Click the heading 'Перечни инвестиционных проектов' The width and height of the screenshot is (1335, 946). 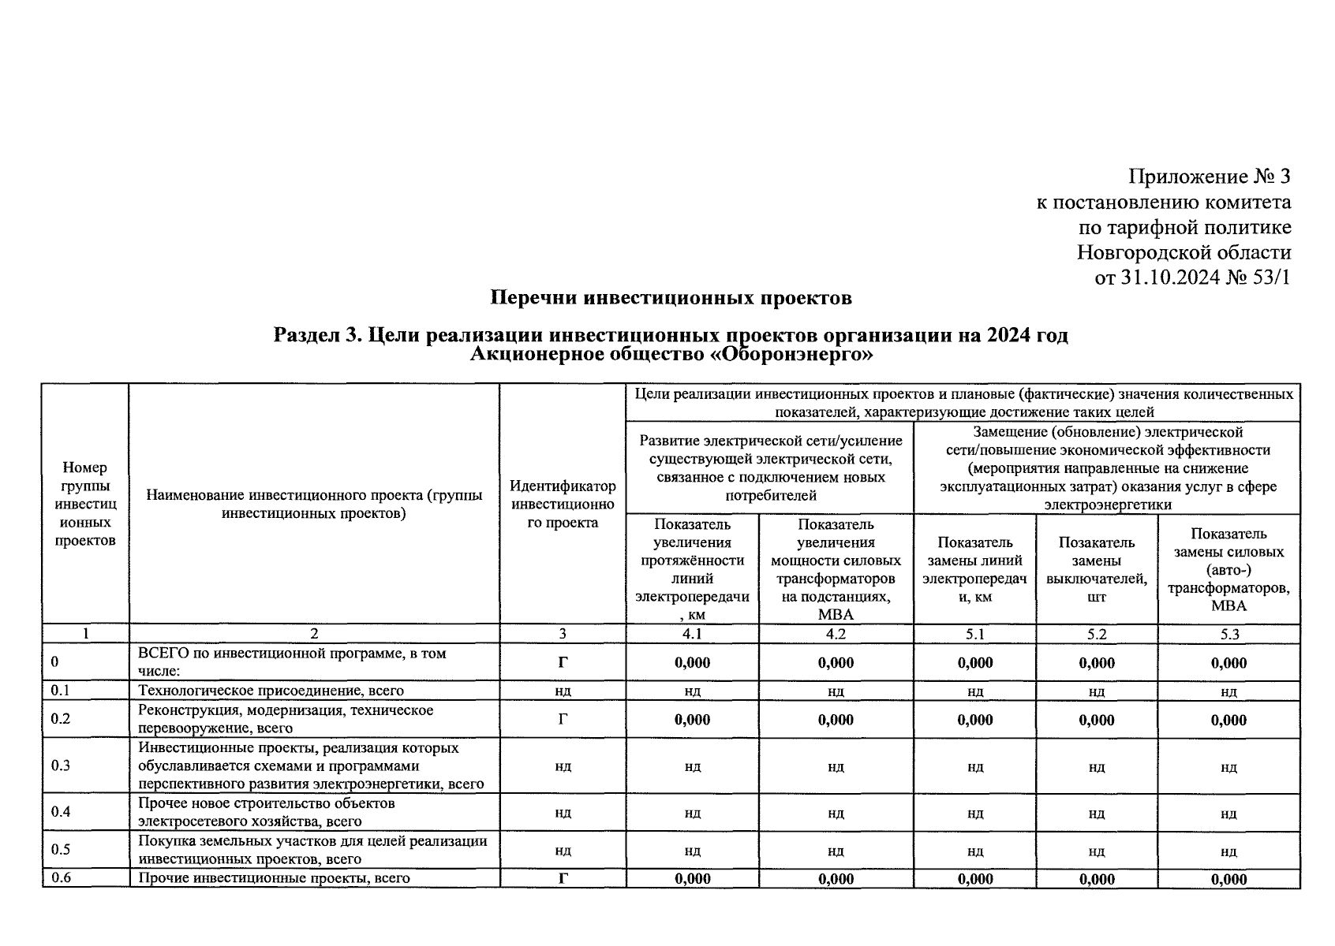coord(671,298)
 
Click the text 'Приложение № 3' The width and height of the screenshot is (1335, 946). coord(1210,176)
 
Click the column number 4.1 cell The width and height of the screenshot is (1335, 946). coord(692,634)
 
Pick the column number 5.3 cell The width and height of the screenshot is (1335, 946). coord(1228,634)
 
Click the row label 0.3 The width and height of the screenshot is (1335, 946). coord(61,765)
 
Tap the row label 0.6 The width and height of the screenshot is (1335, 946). coord(61,878)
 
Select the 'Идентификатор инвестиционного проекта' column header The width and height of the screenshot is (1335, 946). coord(563,505)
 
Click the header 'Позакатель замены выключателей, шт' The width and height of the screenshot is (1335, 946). coord(1096,569)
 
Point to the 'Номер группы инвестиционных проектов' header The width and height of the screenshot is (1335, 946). coord(85,505)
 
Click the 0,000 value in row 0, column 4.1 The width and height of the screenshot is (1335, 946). coord(692,663)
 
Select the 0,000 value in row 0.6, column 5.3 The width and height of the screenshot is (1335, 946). coord(1228,879)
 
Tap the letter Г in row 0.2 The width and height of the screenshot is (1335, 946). coord(563,719)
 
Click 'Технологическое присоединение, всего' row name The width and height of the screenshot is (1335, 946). coord(271,691)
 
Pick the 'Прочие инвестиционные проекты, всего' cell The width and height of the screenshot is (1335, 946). coord(274,878)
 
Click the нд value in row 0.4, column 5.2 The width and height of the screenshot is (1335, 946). coord(1096,814)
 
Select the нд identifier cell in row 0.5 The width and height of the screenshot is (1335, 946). coord(563,851)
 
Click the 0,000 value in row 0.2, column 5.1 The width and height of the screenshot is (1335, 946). coord(974,720)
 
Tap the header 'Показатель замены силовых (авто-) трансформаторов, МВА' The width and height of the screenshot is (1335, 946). coord(1228,569)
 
